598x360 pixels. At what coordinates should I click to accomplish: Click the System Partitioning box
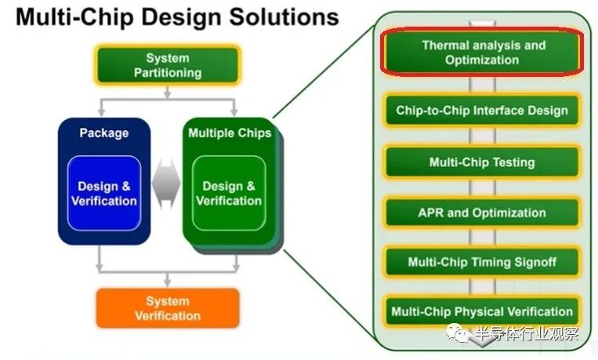click(x=167, y=65)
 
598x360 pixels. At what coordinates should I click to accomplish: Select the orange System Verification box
click(x=167, y=308)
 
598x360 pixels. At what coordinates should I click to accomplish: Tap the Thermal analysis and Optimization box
click(x=481, y=53)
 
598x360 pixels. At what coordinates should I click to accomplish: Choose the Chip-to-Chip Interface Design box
click(x=481, y=111)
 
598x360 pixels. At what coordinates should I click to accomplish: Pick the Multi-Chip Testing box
click(x=481, y=162)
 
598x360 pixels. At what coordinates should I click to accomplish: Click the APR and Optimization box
click(x=481, y=213)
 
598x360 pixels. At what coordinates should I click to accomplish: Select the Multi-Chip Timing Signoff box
click(x=481, y=262)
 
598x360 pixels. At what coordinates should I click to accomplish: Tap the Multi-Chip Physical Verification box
click(x=481, y=311)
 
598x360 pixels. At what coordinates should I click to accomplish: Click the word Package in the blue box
click(x=103, y=133)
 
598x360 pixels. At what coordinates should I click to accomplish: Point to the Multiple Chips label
click(x=230, y=133)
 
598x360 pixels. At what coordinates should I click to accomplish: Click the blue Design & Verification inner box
click(x=104, y=194)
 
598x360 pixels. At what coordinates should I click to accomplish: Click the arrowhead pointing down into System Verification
click(x=167, y=282)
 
